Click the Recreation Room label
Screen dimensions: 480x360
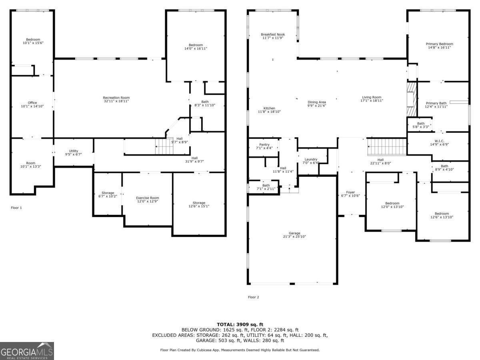(116, 98)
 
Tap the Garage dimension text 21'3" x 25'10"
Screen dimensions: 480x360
(294, 236)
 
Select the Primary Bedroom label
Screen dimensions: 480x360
(439, 44)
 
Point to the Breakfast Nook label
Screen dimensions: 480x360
(273, 34)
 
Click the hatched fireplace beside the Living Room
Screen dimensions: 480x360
(412, 99)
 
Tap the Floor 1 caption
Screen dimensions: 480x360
(16, 208)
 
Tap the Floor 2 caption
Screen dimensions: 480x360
(254, 297)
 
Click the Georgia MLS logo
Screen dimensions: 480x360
(27, 351)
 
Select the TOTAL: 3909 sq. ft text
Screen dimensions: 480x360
(240, 324)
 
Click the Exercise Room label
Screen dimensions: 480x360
(147, 198)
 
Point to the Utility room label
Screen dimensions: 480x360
(74, 151)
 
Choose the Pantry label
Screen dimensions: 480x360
(264, 145)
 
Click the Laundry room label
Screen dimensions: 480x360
(311, 159)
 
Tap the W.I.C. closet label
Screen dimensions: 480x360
(439, 141)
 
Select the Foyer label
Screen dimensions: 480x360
(350, 192)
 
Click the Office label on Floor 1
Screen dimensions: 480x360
(32, 103)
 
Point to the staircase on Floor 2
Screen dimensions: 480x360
(387, 147)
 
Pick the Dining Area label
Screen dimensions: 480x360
(317, 102)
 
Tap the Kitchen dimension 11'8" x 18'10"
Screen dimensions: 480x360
(269, 112)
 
